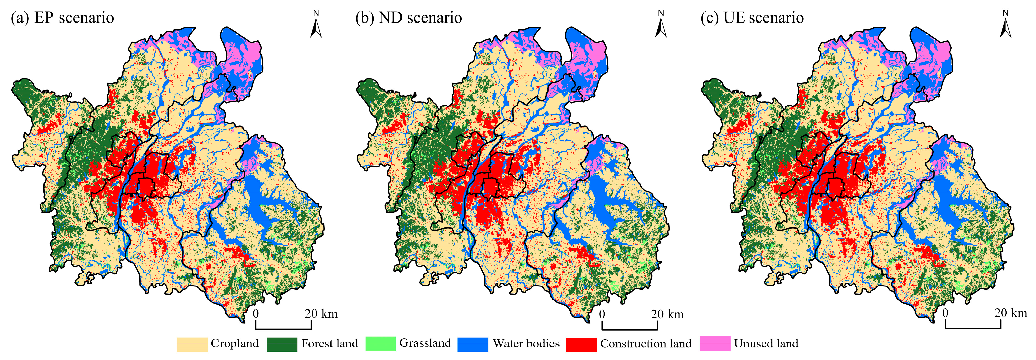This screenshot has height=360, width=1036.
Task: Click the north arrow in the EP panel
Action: [x=316, y=25]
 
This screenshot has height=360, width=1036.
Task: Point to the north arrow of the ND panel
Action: [x=661, y=25]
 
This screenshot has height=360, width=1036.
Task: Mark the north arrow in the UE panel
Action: [x=1005, y=25]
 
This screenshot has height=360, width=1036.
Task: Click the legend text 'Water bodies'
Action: [x=526, y=344]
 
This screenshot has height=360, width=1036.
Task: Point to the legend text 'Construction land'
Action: [x=646, y=344]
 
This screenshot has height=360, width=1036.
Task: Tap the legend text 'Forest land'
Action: [x=329, y=344]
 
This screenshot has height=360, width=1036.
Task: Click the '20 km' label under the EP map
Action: [x=321, y=314]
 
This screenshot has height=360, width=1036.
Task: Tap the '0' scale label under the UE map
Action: [x=945, y=313]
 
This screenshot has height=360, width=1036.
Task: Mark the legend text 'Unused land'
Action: [x=766, y=344]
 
